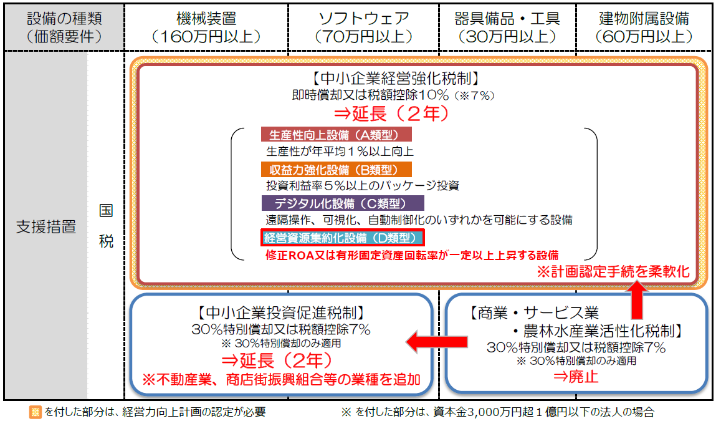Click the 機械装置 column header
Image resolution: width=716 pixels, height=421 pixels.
(206, 27)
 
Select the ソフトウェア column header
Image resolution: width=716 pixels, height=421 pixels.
(363, 27)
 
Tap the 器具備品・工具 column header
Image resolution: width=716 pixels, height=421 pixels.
(507, 27)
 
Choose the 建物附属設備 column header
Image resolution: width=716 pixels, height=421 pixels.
(644, 27)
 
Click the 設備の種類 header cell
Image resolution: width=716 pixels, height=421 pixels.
(64, 27)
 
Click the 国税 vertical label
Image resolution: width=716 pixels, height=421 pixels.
(106, 226)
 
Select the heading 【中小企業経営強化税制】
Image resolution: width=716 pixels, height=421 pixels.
(396, 79)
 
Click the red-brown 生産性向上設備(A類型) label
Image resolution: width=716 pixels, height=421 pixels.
(336, 134)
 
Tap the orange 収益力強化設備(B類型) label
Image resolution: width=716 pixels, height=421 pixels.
(336, 169)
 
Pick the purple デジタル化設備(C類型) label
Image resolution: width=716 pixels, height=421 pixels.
(343, 203)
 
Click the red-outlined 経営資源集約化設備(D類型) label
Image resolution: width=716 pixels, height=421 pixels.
(343, 238)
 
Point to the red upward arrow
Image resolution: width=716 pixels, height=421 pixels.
(636, 300)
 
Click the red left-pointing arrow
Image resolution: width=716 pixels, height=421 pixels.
(437, 341)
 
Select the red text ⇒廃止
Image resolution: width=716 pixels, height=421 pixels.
(575, 377)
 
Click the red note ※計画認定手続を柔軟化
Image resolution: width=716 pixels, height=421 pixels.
(613, 271)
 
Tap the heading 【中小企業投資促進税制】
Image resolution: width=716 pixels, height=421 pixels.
(281, 312)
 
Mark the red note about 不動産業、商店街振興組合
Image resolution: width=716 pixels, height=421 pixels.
(281, 379)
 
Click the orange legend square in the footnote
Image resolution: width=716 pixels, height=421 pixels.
(35, 412)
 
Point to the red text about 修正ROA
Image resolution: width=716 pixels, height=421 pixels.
(412, 255)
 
